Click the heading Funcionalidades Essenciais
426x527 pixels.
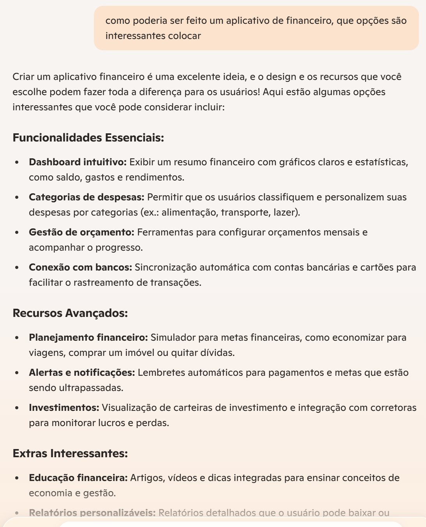coord(88,138)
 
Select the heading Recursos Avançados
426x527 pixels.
coord(70,313)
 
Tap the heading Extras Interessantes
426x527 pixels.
coord(70,453)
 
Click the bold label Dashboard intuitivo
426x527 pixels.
coord(77,162)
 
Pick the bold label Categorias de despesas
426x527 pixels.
coord(86,197)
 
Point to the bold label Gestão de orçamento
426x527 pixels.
coord(81,232)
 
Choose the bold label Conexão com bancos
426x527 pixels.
coord(80,267)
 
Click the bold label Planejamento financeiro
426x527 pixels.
coord(88,338)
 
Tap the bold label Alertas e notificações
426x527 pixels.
coord(82,373)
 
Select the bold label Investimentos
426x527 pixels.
coord(64,408)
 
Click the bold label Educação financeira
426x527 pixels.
coord(78,478)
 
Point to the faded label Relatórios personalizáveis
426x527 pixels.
coord(92,513)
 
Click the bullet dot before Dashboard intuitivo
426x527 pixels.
coord(17,162)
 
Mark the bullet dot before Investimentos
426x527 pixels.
coord(17,408)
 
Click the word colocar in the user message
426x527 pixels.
coord(184,36)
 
